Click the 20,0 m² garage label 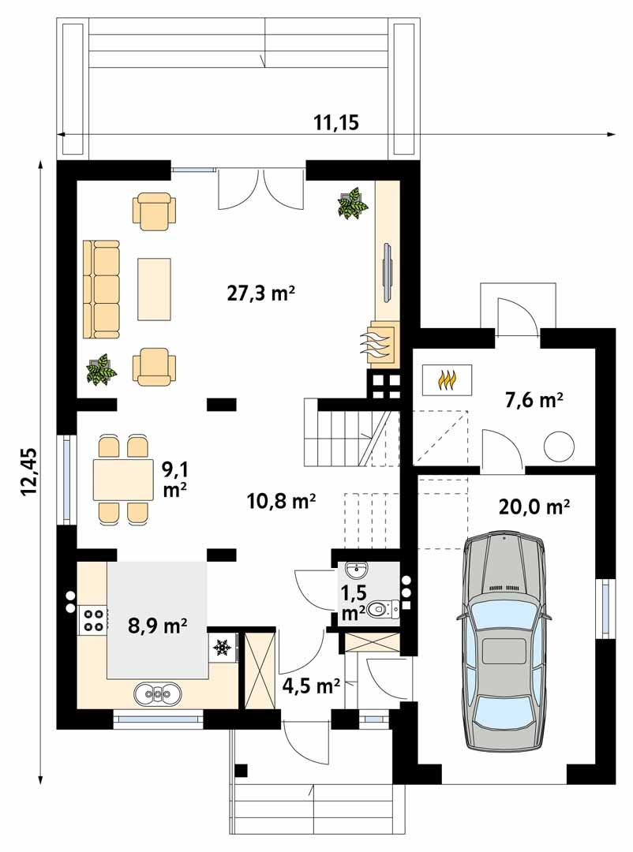534,506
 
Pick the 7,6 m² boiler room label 534,402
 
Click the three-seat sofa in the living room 101,290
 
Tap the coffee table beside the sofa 155,288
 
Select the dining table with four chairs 122,479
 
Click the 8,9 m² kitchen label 157,627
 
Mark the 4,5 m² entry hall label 311,684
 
